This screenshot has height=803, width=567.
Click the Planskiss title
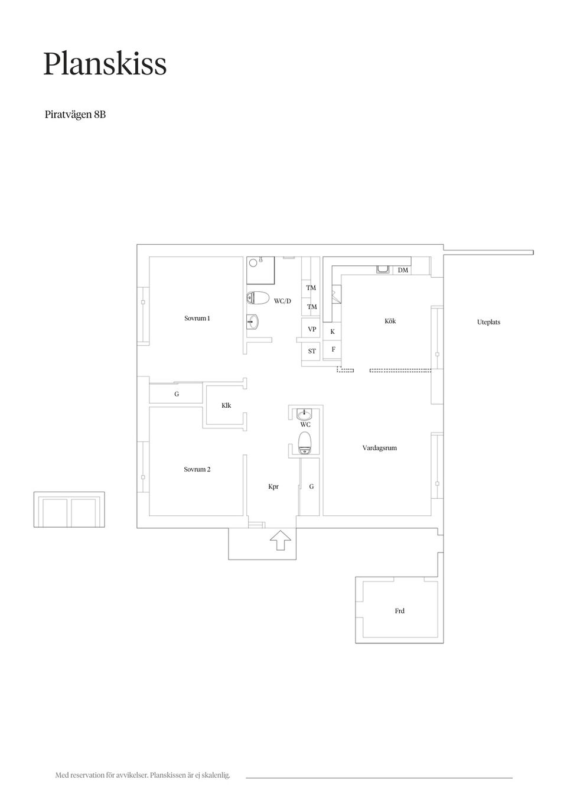coord(105,64)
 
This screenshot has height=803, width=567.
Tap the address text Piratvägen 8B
coord(75,115)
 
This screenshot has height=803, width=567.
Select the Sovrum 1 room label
coord(197,318)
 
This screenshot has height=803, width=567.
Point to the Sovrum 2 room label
coord(197,469)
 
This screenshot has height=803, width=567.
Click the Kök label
coord(390,321)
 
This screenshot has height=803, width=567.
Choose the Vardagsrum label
coord(380,448)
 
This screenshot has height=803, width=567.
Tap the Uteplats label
coord(488,322)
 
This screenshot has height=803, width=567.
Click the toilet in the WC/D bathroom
coord(258,298)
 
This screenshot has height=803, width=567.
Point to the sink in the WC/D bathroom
coord(253,321)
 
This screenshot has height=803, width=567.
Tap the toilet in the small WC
coord(305,443)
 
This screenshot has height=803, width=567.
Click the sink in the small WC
coord(305,414)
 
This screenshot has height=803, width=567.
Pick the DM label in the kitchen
coord(403,270)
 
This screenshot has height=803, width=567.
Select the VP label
coord(312,329)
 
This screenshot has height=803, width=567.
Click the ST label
coord(312,352)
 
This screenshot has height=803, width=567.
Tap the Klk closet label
coord(226,405)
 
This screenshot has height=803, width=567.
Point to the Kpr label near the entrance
coord(273,486)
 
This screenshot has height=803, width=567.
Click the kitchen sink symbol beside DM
coord(383,269)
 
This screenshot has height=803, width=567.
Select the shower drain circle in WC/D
coord(253,263)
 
